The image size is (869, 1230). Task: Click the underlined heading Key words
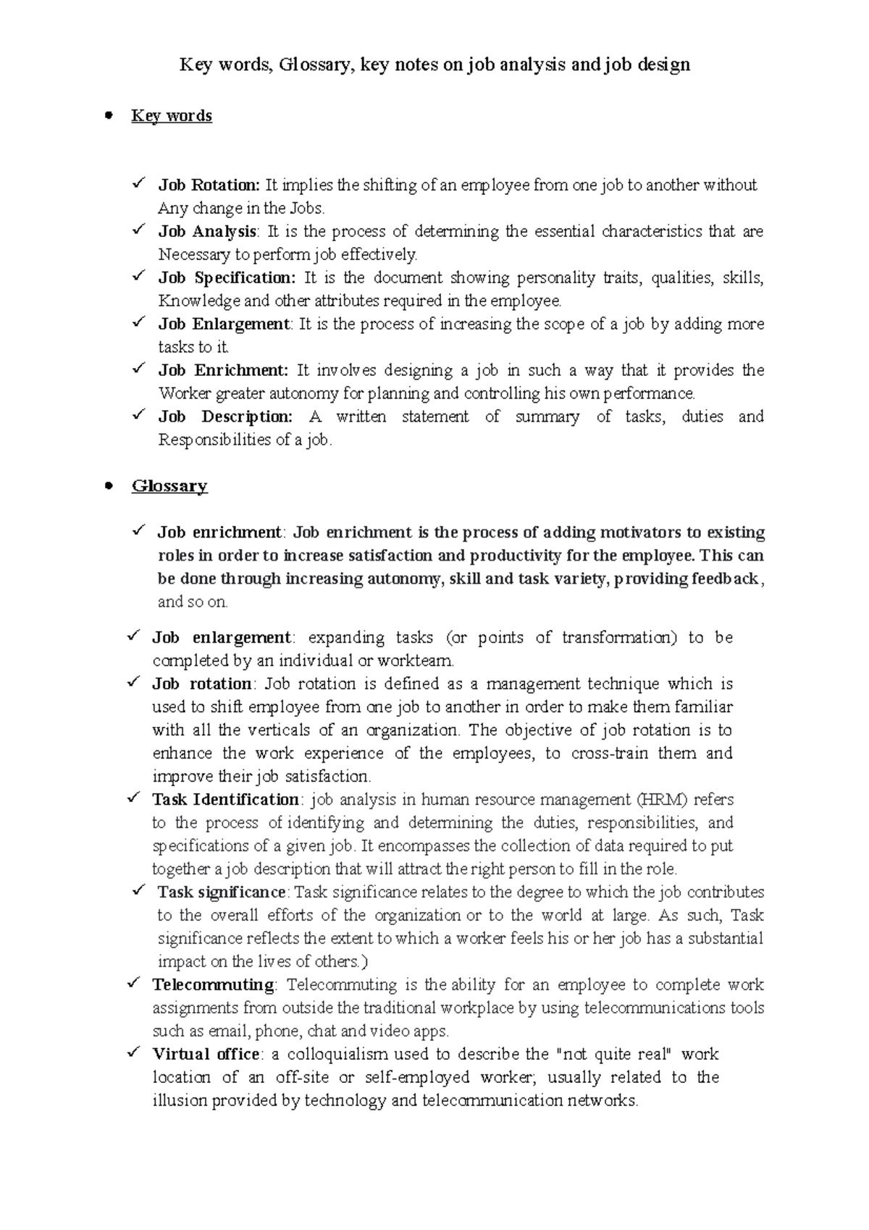(x=172, y=116)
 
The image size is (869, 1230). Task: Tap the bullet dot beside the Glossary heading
(x=109, y=485)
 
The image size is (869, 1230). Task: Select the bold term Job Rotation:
(x=209, y=185)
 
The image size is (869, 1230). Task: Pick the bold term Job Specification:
(x=227, y=278)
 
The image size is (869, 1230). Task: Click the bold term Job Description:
(x=225, y=417)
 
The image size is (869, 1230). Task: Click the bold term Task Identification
(x=225, y=800)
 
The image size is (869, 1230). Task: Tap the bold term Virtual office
(x=206, y=1055)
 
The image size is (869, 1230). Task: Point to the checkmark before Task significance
(x=143, y=892)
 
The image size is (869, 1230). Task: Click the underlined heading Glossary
(x=169, y=486)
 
